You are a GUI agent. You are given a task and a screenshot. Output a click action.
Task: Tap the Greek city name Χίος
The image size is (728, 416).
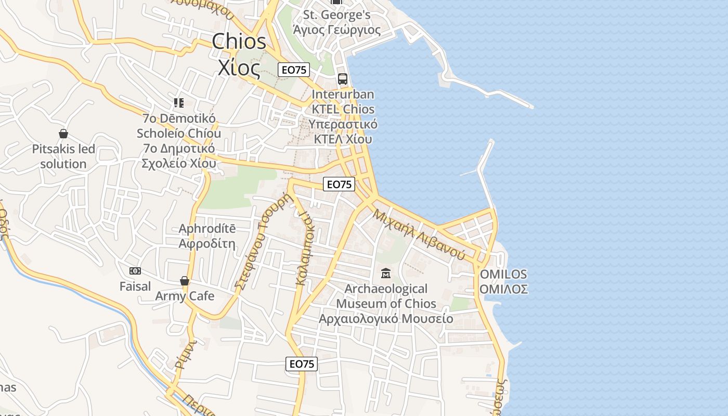[239, 68]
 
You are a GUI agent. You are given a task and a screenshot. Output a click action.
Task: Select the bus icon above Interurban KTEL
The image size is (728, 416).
[342, 79]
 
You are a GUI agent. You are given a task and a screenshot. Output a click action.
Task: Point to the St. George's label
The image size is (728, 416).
[337, 15]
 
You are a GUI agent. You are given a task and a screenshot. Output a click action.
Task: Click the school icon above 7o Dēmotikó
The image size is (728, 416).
[179, 103]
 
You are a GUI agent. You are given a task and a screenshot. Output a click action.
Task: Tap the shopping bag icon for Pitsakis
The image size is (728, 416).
[63, 134]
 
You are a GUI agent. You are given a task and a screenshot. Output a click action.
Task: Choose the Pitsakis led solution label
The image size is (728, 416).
[63, 157]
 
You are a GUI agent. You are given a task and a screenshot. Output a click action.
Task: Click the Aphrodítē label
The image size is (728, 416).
[207, 229]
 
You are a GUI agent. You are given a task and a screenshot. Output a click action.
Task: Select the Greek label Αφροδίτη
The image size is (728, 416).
[207, 243]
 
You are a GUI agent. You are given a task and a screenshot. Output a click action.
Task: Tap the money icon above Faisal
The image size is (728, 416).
[135, 271]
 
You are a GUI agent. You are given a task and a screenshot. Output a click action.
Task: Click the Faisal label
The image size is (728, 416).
[135, 286]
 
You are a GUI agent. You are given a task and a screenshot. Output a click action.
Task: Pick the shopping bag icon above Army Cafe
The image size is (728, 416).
[185, 281]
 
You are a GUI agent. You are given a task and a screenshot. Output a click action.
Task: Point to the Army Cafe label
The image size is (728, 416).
[185, 296]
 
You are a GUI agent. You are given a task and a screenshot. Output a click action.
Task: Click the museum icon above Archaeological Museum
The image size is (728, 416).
[386, 273]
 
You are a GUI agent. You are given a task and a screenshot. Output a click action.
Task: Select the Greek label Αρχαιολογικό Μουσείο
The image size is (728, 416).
[386, 318]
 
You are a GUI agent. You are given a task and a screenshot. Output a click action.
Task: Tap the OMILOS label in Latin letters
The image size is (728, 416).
[503, 274]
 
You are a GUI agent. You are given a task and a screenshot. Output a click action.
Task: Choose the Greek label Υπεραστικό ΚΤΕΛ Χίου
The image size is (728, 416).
[343, 132]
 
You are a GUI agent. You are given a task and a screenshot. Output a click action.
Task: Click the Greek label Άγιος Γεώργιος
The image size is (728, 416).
[337, 30]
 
